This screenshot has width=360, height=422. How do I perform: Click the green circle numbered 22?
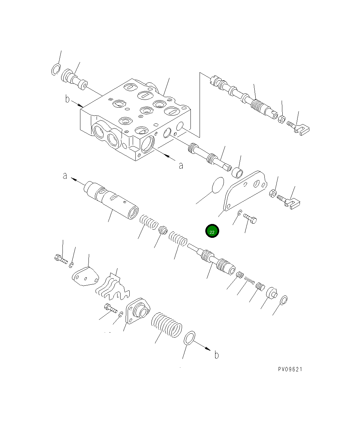click(x=212, y=231)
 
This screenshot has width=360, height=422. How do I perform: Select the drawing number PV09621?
click(x=290, y=369)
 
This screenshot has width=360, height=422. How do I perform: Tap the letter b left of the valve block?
click(x=68, y=99)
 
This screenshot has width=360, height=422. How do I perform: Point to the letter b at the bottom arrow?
click(x=216, y=355)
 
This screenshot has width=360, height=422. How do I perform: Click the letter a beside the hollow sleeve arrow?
click(x=65, y=176)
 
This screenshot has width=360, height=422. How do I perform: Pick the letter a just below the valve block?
click(x=181, y=165)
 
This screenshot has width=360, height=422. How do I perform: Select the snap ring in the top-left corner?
click(x=56, y=69)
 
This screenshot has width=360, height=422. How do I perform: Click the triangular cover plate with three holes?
click(x=245, y=191)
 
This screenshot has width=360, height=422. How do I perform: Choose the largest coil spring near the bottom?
click(x=166, y=325)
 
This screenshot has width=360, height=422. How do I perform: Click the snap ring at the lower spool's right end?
click(x=283, y=300)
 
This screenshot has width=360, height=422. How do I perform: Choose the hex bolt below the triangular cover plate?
click(x=250, y=219)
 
